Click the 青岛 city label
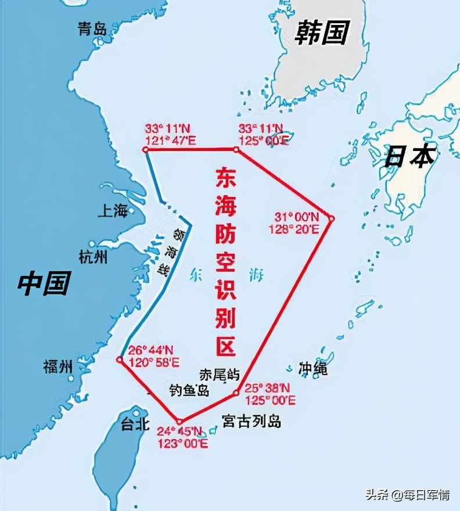(92, 29)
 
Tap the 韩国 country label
(321, 33)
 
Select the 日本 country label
(410, 156)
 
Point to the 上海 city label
(112, 211)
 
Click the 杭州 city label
(93, 256)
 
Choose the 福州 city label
(58, 366)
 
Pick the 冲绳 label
(313, 368)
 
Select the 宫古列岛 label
(252, 421)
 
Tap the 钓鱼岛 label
(189, 390)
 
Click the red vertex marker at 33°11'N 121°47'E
(145, 149)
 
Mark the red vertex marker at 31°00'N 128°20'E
(332, 218)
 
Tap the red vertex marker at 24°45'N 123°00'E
(179, 422)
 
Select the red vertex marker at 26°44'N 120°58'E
(119, 359)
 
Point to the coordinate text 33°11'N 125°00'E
(263, 134)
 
